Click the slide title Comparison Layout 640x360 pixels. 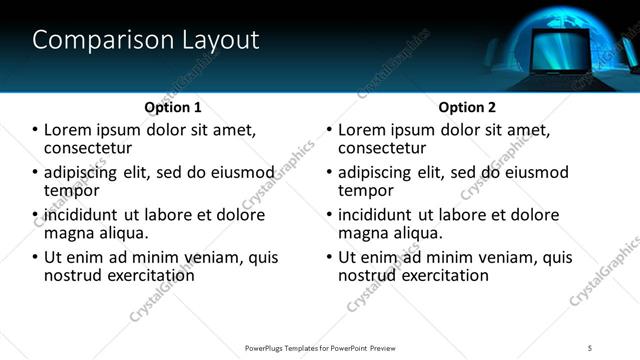146,40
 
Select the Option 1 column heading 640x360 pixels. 173,107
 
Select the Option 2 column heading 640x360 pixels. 467,107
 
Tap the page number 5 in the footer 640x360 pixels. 591,347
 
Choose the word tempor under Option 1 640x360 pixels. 71,190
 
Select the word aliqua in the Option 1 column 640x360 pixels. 123,233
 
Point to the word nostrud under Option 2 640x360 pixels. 370,275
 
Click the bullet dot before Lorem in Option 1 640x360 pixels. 36,131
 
